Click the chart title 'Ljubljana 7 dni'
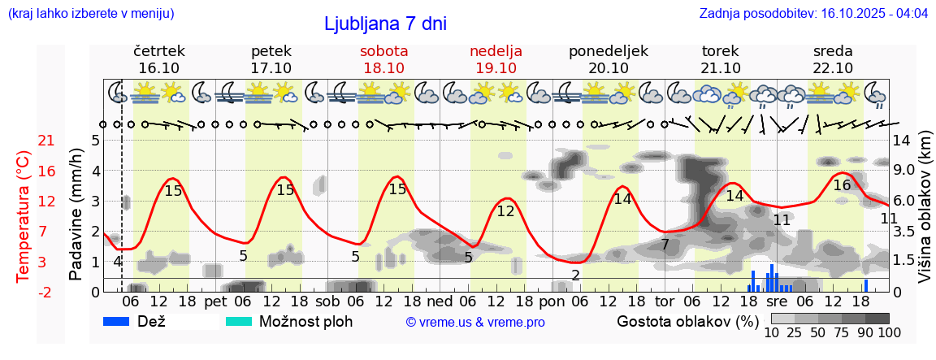(385, 24)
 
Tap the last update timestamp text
(813, 14)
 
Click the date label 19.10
(496, 67)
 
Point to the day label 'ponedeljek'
(609, 50)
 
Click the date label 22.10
(833, 67)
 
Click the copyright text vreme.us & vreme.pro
(475, 322)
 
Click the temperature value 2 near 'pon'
(575, 275)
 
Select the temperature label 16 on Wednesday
(842, 185)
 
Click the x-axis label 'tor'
(665, 300)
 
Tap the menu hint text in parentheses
(90, 14)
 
